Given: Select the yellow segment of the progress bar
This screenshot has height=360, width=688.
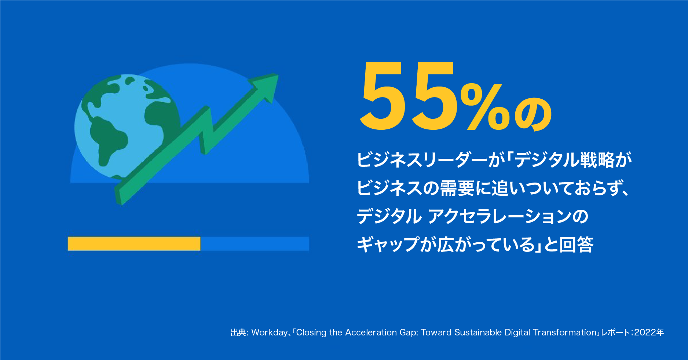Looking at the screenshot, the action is [134, 244].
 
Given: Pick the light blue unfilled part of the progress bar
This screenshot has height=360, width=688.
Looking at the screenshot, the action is [255, 244].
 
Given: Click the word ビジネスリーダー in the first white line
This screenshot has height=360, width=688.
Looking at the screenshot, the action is [422, 160].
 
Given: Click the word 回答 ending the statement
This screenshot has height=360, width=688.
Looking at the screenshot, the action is [576, 245].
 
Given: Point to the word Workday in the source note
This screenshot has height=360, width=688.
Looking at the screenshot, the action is [270, 333].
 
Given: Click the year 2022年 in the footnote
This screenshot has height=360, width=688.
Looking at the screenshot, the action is [649, 333].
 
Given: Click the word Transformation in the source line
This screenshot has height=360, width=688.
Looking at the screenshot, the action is [565, 333].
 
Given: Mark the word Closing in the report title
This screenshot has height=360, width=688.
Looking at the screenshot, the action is [311, 333].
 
